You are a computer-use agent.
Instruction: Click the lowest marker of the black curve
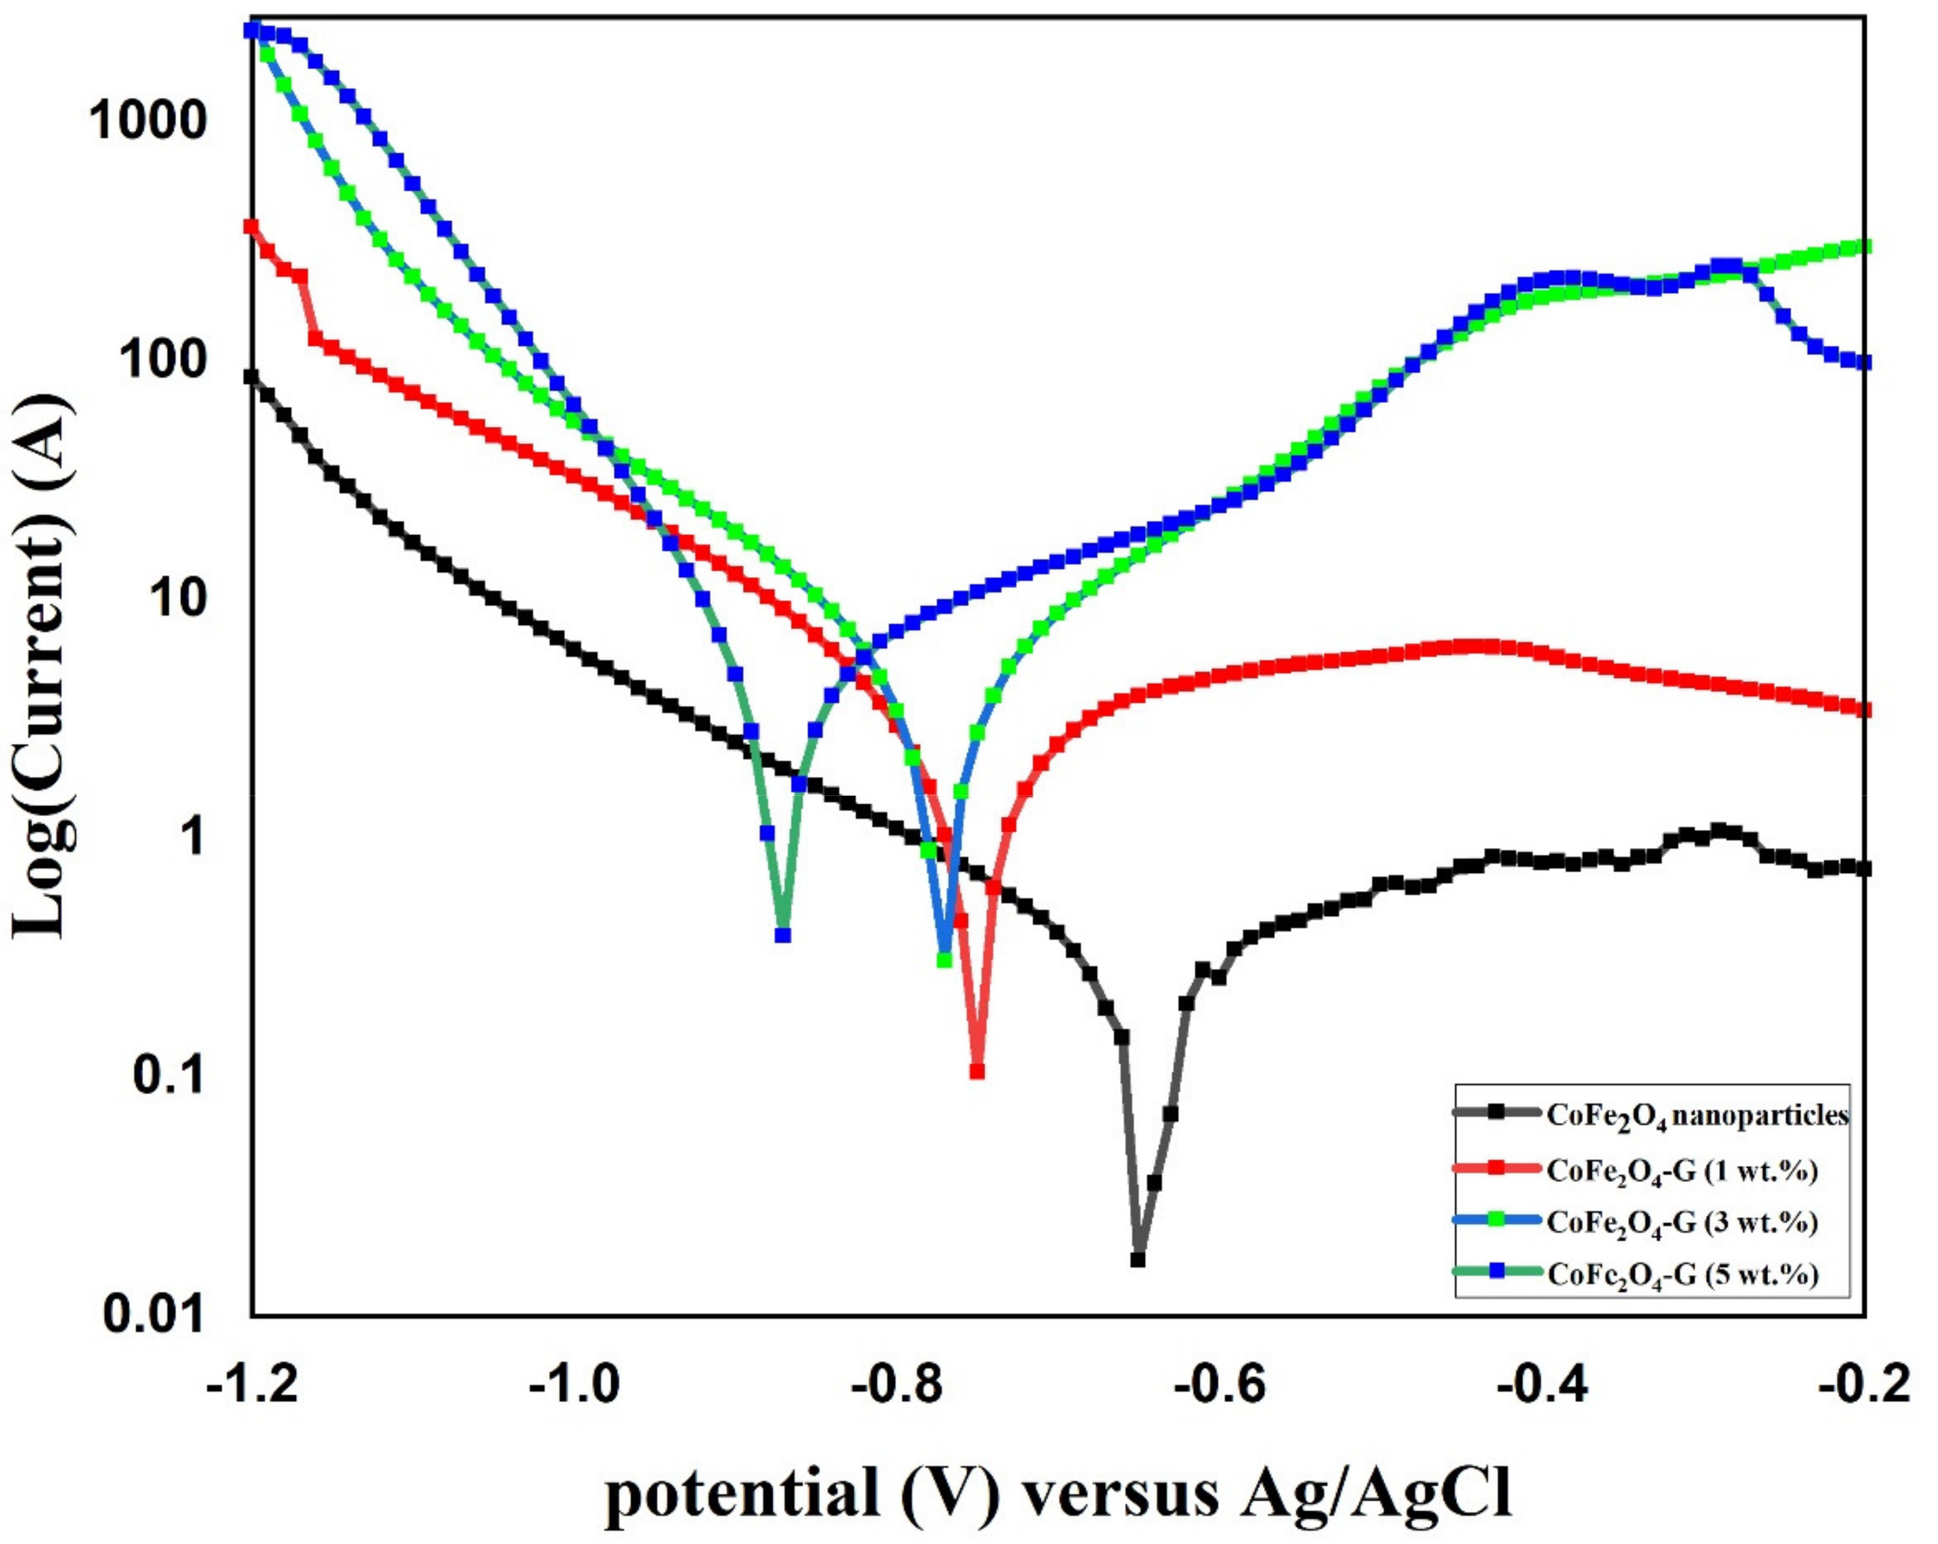[x=1138, y=1259]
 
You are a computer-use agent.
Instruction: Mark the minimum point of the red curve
[x=977, y=1071]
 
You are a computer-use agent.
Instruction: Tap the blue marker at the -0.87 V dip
[x=783, y=935]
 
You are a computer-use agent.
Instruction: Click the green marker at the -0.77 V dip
[x=944, y=960]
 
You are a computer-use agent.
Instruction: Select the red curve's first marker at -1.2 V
[x=252, y=226]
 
